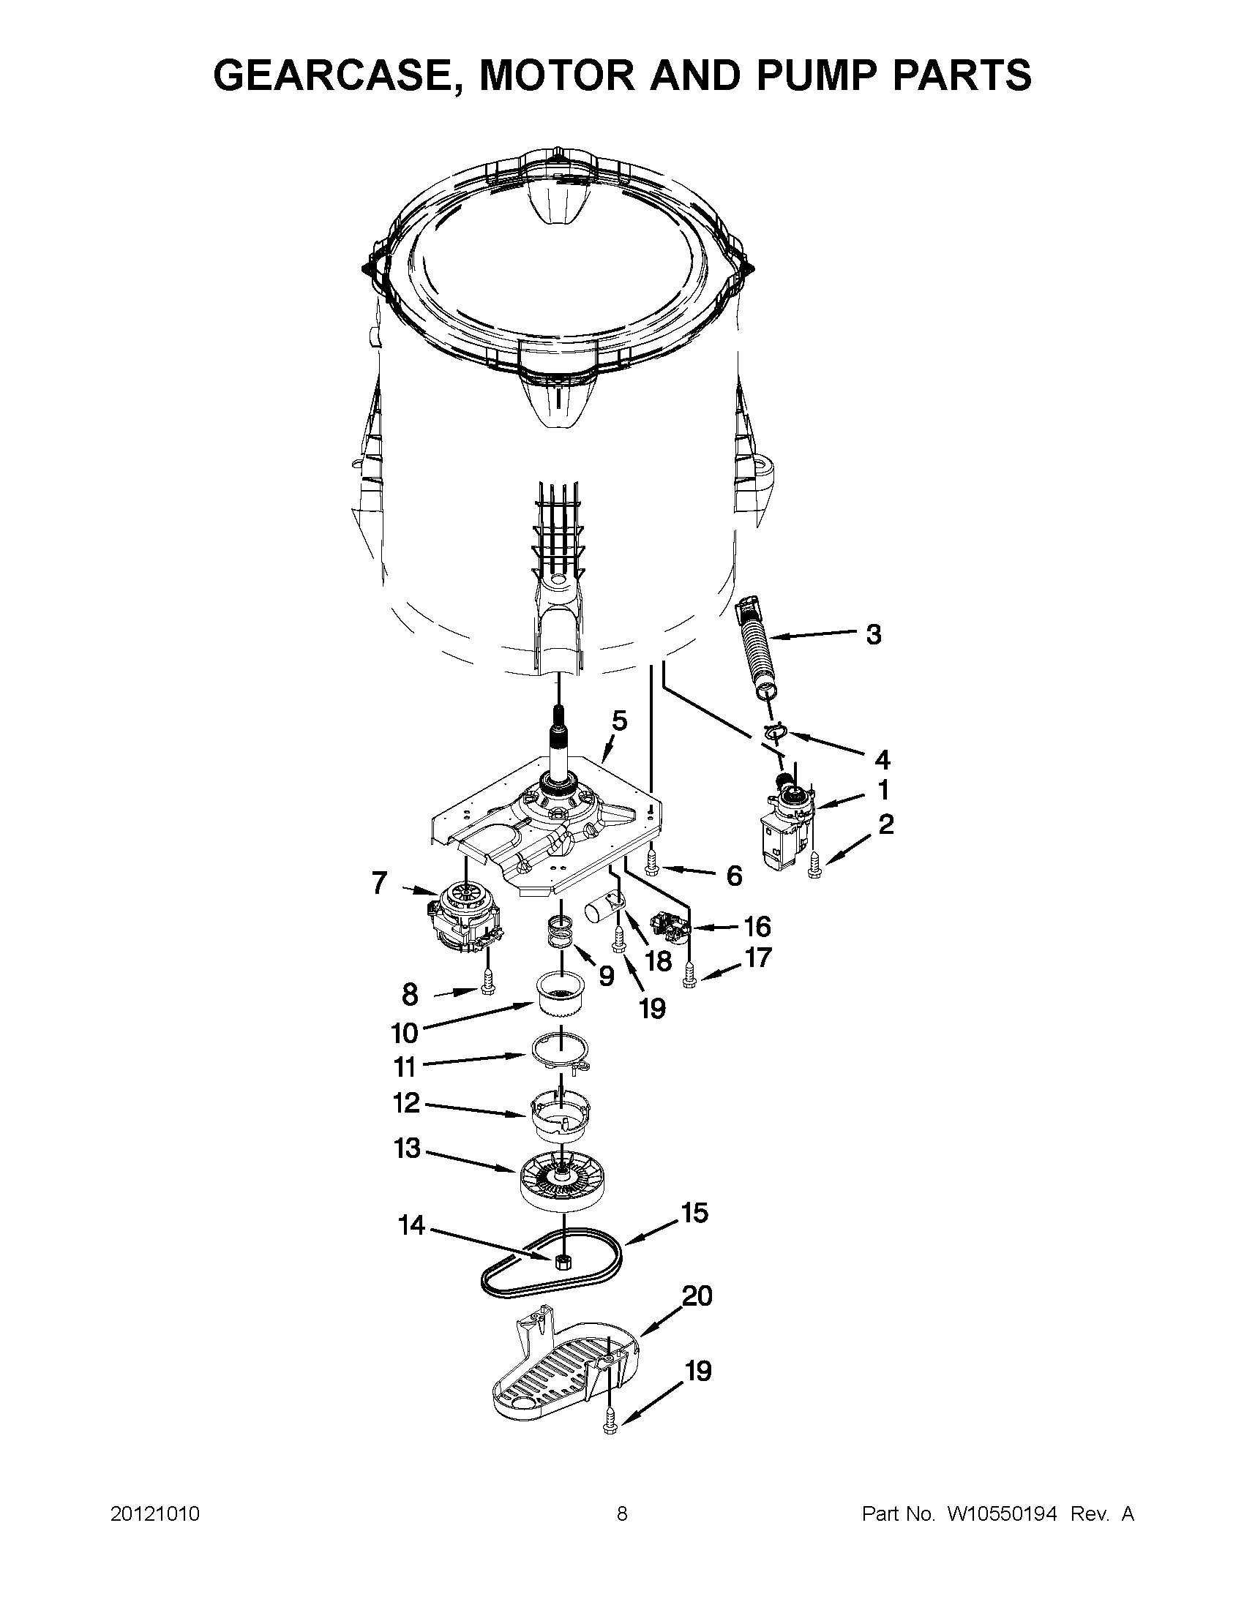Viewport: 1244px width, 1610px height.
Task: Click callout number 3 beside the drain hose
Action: point(873,634)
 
